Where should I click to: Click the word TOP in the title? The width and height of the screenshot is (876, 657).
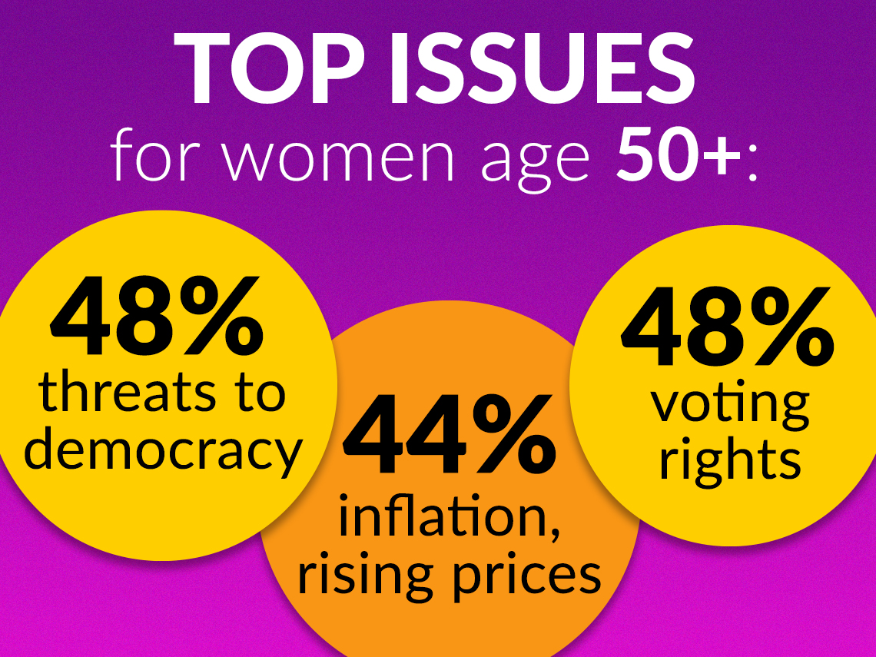[271, 68]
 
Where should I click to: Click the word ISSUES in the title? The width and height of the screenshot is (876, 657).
[542, 68]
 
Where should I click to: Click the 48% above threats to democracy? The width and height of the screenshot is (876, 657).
[157, 316]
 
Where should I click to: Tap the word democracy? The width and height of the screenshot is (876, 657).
[163, 451]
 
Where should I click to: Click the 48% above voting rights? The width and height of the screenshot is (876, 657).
[728, 327]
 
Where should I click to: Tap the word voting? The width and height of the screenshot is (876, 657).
[730, 404]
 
